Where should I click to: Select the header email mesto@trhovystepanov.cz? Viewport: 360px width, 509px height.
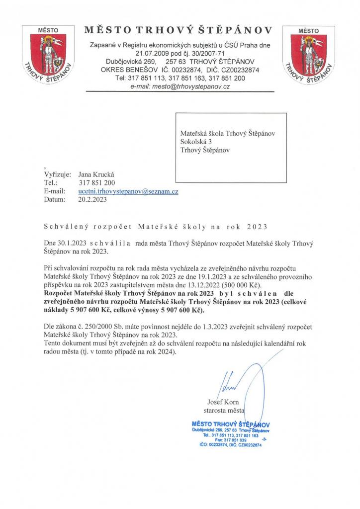coord(180,86)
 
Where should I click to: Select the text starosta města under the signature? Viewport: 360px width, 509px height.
coord(225,410)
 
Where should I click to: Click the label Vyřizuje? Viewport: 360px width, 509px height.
coord(58,174)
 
